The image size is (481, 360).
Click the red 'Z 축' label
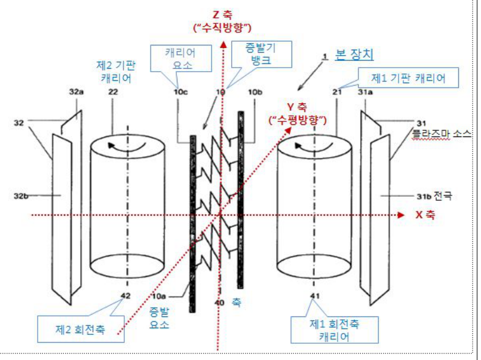223,14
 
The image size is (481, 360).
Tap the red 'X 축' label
425,215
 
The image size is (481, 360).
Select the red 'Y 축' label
296,107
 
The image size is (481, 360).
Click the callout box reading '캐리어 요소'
181,59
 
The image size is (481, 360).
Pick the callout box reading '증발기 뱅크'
261,54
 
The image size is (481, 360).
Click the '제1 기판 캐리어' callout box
408,78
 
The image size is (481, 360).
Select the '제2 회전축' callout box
81,329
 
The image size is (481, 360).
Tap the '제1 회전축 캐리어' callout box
335,330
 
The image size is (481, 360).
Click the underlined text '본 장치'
354,54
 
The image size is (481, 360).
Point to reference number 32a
76,91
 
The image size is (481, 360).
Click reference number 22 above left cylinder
113,91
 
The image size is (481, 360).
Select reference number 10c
180,91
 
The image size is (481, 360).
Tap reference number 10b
255,91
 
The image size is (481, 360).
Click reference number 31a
365,91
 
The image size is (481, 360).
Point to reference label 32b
21,196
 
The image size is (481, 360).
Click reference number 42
125,295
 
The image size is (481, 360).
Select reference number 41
315,296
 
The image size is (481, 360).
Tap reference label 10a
159,296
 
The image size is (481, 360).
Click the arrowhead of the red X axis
400,215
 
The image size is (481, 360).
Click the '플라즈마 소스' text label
442,134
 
